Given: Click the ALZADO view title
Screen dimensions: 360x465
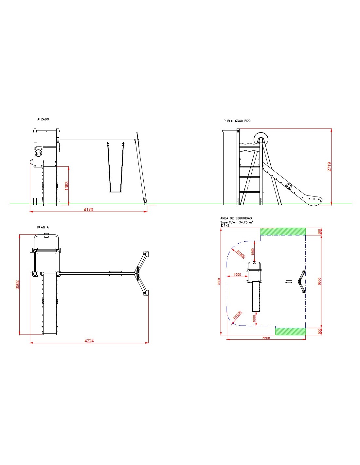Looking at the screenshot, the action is (x=43, y=119).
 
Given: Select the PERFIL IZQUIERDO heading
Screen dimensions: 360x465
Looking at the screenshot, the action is (x=237, y=121).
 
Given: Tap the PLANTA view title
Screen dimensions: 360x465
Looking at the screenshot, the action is (x=43, y=227).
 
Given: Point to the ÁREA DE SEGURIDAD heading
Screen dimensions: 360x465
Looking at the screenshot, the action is (x=236, y=218).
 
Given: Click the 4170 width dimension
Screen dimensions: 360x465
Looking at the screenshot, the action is (x=88, y=210).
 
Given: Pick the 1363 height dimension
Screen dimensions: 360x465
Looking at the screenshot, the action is (x=67, y=186).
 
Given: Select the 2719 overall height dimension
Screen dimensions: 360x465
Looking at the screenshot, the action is (x=329, y=167).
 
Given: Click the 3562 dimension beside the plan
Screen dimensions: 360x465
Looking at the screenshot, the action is (x=18, y=285).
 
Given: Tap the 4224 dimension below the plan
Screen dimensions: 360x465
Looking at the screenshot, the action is (x=89, y=341).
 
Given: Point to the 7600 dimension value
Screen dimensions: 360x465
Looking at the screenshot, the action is (x=219, y=282).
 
